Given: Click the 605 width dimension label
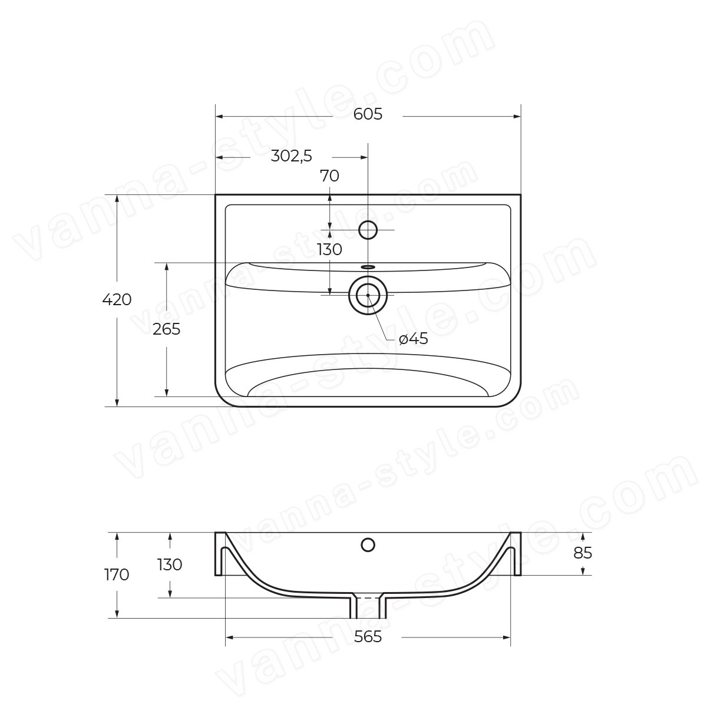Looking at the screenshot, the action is coord(368,114).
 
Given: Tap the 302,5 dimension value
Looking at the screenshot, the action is coord(291,157).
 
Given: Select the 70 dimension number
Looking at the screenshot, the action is coord(329,176).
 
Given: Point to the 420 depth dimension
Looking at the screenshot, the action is coord(117,300).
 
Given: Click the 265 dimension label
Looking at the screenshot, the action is coord(167,329).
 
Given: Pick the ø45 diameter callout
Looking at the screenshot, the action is coord(414,339).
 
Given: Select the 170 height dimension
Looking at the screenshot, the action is coord(117,575).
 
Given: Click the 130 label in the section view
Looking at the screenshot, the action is coord(170,565).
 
